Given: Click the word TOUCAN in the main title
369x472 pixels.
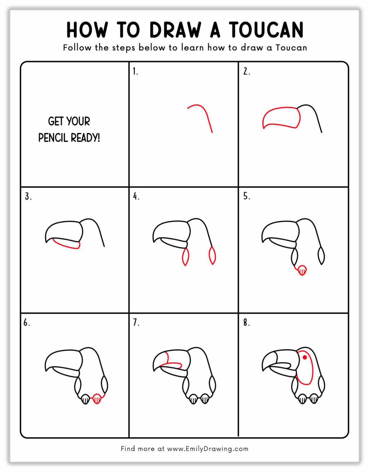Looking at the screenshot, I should tap(266, 30).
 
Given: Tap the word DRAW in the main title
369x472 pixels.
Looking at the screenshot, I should tap(175, 30).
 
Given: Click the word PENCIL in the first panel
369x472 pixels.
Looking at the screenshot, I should tap(53, 138).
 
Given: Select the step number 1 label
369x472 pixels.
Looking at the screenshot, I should tap(135, 72).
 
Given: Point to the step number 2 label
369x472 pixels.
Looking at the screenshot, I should tap(247, 72).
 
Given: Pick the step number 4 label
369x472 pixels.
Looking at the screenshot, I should tap(136, 196).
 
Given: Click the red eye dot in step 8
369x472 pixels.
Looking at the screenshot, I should tap(305, 357).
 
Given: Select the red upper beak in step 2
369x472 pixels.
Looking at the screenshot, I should tap(281, 117).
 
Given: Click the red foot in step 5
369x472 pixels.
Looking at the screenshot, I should tap(302, 270).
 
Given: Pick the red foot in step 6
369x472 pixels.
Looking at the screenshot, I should tap(97, 399).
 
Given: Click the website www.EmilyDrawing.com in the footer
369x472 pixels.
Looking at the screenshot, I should tap(208, 449).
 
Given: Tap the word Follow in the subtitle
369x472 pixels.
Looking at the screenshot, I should tap(77, 48).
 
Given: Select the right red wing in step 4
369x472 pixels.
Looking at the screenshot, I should tap(212, 255).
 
